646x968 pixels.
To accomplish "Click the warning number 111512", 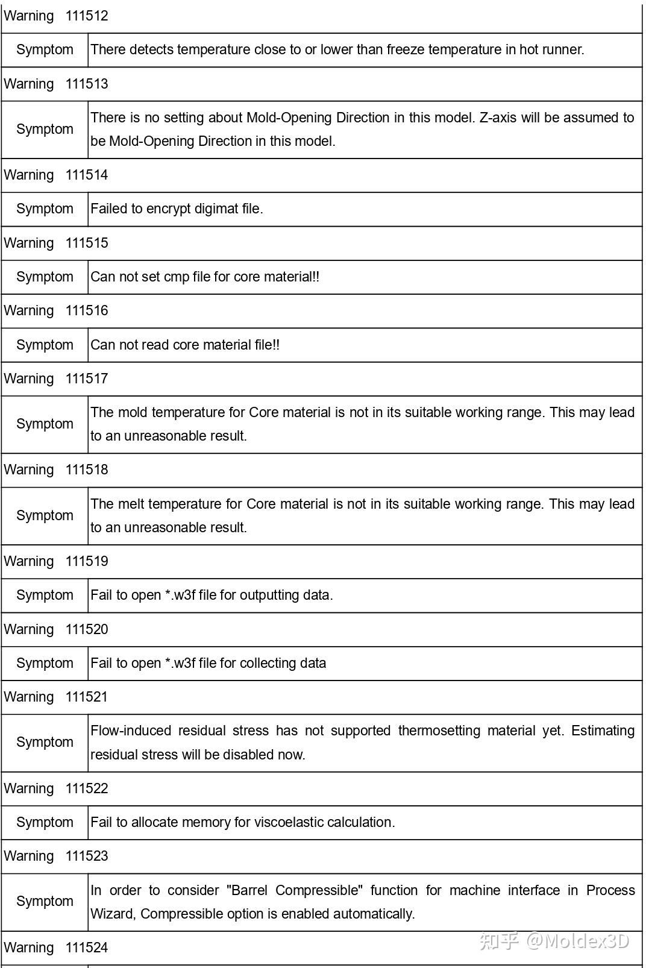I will [x=87, y=16].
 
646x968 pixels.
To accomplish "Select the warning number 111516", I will [x=87, y=311].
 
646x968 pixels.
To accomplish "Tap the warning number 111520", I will [x=87, y=630].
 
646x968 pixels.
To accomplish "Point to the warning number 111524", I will [x=87, y=948].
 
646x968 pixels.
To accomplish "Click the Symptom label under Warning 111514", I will [x=45, y=209].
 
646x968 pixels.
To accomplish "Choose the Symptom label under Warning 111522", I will [x=45, y=823].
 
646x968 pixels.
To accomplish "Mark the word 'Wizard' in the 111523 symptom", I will [x=113, y=914].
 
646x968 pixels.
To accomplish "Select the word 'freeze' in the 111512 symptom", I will [x=406, y=49].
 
